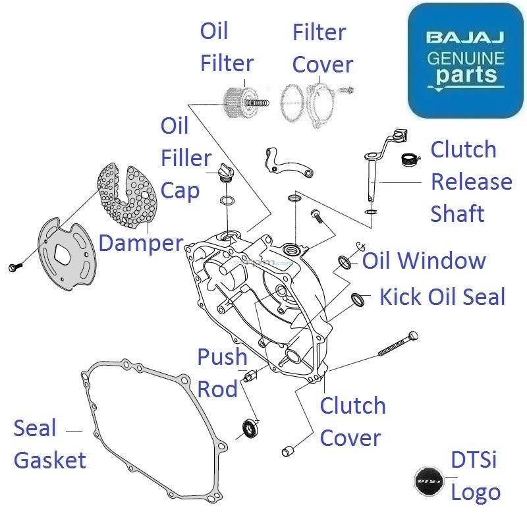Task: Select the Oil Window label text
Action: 424,261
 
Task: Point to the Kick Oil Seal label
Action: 442,297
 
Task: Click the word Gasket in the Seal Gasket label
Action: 50,460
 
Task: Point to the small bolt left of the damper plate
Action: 15,266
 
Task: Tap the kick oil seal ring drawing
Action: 358,300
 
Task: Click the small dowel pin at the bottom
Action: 287,451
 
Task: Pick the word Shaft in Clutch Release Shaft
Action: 457,213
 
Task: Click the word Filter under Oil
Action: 227,64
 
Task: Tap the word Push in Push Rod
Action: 222,358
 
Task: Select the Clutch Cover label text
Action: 352,422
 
